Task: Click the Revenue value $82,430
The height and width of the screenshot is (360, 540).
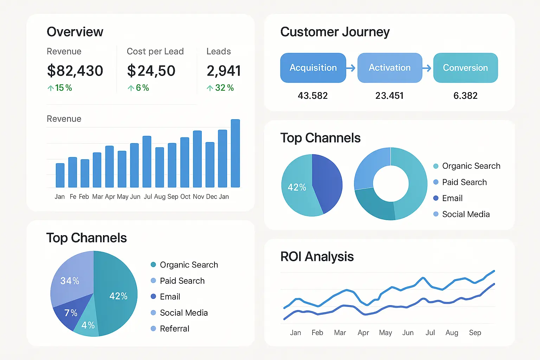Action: tap(75, 71)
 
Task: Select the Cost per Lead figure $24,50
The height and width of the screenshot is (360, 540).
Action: tap(151, 71)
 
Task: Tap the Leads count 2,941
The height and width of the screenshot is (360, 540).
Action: tap(224, 71)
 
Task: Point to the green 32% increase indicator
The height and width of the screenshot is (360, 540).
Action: tap(220, 88)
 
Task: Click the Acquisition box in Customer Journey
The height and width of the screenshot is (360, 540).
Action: tap(313, 68)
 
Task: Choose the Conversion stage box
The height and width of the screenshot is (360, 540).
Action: tap(465, 68)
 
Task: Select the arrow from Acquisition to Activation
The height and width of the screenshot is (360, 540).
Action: tap(351, 68)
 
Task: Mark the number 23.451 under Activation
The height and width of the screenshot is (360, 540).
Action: tap(389, 96)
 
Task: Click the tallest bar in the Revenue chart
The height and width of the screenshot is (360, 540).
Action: tap(235, 153)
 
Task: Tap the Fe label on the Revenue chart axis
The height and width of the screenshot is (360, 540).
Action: tap(73, 197)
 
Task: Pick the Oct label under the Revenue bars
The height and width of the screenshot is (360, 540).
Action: tap(185, 197)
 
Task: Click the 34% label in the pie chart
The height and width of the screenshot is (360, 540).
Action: tap(70, 281)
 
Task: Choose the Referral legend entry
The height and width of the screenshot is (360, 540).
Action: tap(174, 329)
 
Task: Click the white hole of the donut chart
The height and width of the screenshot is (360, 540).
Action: tap(391, 184)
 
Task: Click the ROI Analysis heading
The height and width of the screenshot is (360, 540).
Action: tap(317, 257)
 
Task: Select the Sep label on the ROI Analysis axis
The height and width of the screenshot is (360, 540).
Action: tap(475, 333)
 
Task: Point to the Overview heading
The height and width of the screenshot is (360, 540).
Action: tap(75, 32)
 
